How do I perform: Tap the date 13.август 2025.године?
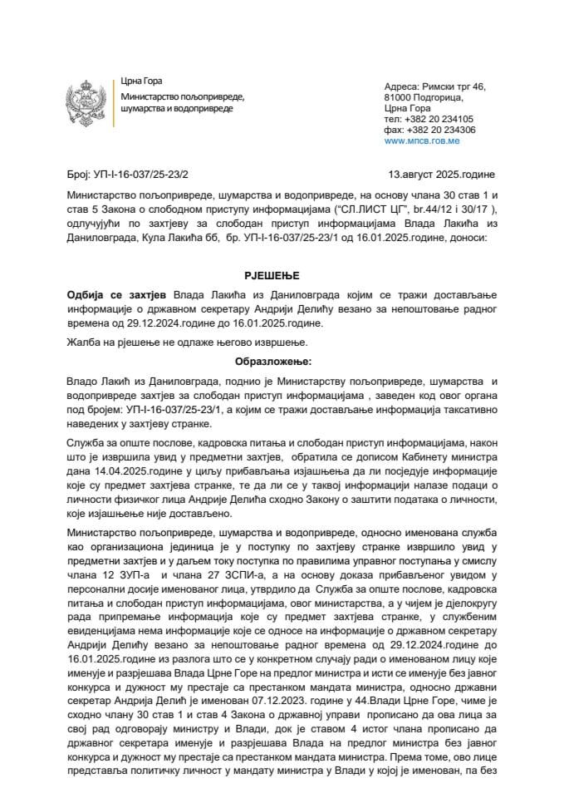(x=441, y=174)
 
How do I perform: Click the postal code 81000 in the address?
(x=401, y=97)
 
